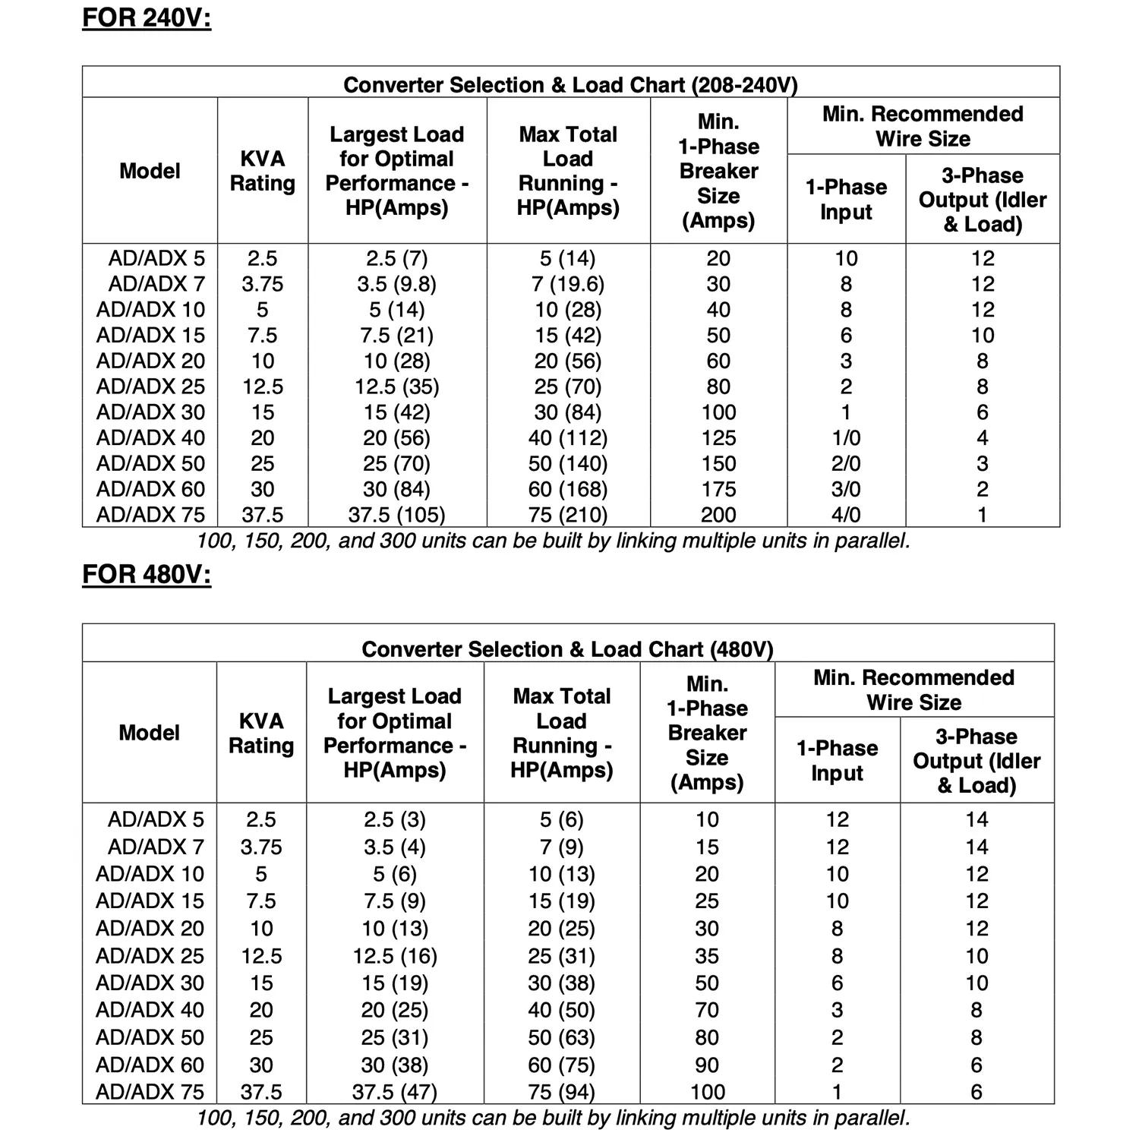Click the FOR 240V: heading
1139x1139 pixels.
click(147, 17)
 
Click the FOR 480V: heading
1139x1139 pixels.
click(147, 574)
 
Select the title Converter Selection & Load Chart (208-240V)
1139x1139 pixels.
click(570, 84)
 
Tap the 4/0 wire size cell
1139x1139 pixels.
click(846, 515)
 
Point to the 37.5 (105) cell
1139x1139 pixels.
click(396, 515)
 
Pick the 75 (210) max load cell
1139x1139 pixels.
click(568, 515)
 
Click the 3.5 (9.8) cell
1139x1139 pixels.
click(396, 284)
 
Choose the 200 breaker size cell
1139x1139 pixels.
click(718, 515)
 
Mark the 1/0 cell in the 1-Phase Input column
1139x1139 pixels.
click(846, 438)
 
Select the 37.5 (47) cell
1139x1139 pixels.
click(395, 1092)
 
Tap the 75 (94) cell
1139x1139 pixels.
click(562, 1092)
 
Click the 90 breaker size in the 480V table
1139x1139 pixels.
click(707, 1065)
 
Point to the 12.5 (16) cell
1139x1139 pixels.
click(395, 956)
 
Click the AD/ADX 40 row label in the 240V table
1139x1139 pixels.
click(150, 438)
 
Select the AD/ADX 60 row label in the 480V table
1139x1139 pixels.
click(150, 1065)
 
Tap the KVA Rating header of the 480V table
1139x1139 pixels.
click(261, 733)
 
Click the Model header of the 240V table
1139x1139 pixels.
click(150, 171)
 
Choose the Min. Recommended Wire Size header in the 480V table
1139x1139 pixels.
click(913, 689)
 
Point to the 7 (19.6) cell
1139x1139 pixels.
click(568, 284)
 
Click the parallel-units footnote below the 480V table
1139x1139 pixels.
click(553, 1118)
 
